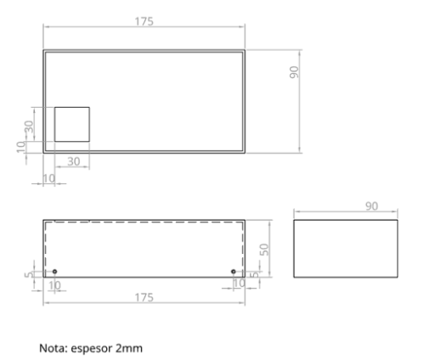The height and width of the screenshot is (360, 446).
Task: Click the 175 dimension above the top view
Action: pos(144,21)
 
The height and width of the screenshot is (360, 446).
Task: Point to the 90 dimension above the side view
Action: pos(347,205)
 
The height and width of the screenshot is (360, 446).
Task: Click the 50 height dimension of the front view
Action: pos(263,249)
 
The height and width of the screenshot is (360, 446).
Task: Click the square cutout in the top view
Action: pos(72,124)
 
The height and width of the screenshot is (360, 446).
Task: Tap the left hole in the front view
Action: pos(54,272)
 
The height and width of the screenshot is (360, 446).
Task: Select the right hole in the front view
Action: pos(234,272)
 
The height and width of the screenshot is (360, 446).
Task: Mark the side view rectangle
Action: pos(347,249)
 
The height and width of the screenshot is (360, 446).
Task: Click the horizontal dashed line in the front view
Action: pos(144,223)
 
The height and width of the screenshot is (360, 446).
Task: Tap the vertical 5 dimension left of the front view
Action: pos(29,275)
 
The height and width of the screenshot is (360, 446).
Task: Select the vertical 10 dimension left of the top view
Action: pos(21,146)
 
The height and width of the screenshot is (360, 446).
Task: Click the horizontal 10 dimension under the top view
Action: pos(48,177)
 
